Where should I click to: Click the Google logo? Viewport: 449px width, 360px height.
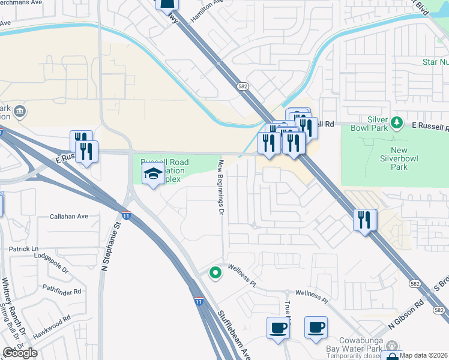(20, 353)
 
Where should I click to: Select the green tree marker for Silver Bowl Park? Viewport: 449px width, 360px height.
(396, 123)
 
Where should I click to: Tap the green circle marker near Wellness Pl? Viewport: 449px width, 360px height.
(215, 274)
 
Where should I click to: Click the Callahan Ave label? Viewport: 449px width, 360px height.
(69, 217)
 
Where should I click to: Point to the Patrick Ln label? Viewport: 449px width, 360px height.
(23, 248)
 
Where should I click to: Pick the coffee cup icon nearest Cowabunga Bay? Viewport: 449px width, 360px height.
(316, 328)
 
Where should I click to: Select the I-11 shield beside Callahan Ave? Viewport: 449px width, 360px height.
(126, 215)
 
